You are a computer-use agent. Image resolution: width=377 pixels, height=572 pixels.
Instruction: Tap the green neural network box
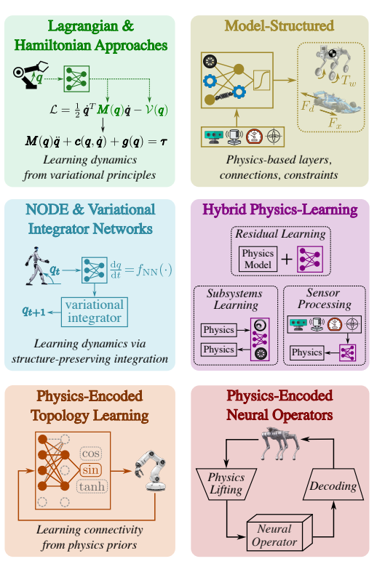point(76,78)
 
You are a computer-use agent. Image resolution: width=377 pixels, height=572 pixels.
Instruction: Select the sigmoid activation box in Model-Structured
point(261,80)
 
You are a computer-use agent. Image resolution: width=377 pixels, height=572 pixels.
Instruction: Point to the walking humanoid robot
point(36,265)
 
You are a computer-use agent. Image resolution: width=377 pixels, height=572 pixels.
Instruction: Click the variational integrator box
point(95,312)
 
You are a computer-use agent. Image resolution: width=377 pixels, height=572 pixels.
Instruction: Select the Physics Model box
point(258,259)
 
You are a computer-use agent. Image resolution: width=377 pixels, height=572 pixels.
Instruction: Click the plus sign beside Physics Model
point(287,259)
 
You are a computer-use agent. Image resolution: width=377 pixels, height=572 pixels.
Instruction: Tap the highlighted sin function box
point(90,470)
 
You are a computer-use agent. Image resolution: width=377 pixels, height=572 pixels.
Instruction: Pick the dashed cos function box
point(90,454)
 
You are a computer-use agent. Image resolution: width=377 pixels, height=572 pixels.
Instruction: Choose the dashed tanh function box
point(92,486)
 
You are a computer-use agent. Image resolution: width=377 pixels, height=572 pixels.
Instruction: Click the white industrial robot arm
point(151,470)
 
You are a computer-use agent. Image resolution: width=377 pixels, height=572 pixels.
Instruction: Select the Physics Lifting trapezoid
point(226,484)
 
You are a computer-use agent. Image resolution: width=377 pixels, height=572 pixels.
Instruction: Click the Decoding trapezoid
point(333,484)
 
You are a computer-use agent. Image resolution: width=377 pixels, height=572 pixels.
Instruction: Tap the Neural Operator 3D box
point(279,532)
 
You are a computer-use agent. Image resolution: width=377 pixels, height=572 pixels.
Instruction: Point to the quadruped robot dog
point(279,443)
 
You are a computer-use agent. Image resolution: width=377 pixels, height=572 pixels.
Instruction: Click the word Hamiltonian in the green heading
point(53,45)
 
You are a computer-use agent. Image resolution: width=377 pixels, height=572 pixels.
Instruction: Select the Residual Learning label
point(280,234)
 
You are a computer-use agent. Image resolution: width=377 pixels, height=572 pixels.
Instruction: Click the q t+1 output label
point(33,311)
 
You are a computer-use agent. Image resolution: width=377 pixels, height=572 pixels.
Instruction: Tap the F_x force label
point(335,123)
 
